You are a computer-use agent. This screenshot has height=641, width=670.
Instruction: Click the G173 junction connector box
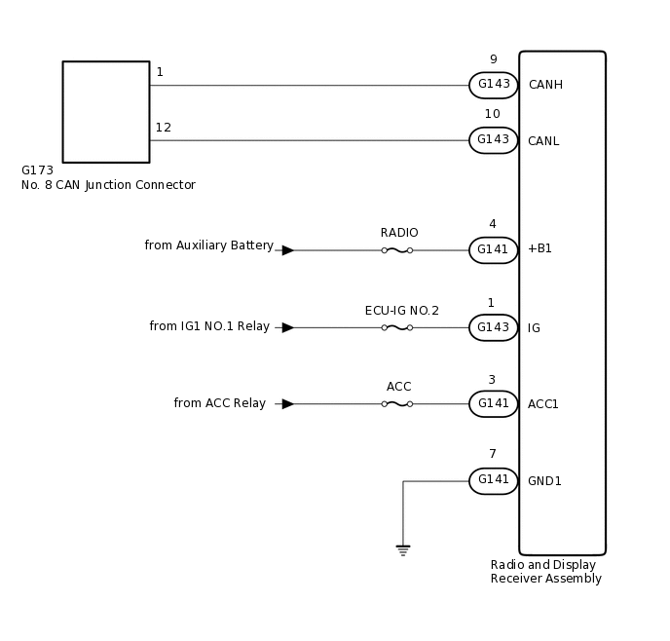pos(106,112)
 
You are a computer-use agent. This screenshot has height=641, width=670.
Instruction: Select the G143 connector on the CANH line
pos(493,85)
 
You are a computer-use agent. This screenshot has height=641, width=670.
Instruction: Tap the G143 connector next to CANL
pos(493,140)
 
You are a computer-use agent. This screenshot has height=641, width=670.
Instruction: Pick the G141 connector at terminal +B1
pos(493,250)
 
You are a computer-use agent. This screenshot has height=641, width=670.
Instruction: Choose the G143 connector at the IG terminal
pos(493,327)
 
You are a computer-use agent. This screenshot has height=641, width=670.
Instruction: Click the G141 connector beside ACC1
pos(493,403)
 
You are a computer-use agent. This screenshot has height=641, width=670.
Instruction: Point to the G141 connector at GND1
pos(493,480)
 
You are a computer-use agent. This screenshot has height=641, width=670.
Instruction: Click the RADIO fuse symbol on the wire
pos(396,250)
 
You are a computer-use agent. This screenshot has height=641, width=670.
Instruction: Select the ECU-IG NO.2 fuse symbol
pos(396,327)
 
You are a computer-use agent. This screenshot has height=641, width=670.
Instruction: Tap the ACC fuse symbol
pos(396,403)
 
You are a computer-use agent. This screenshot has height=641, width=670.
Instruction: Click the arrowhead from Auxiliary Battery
pos(287,250)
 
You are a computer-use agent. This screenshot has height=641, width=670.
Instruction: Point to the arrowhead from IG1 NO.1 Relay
pos(287,327)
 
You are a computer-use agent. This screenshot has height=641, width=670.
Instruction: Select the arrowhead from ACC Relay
pos(287,403)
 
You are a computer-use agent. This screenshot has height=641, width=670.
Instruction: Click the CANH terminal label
pos(545,85)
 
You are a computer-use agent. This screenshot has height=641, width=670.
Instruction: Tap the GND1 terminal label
pos(544,481)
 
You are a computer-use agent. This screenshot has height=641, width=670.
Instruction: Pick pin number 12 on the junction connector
pos(163,128)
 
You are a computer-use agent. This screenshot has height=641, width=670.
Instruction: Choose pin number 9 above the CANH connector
pos(493,59)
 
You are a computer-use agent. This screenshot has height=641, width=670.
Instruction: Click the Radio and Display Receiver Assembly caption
pos(545,572)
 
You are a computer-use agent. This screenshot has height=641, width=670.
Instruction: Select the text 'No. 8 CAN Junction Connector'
pos(108,185)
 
